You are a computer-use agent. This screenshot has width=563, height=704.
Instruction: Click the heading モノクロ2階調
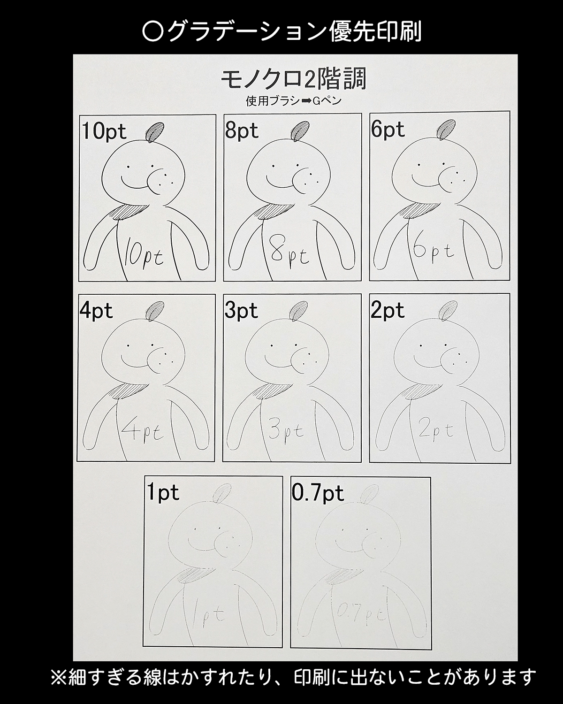(x=293, y=79)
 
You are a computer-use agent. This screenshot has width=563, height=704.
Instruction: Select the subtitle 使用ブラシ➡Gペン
(x=293, y=101)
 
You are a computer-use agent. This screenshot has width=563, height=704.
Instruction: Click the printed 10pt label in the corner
(x=104, y=131)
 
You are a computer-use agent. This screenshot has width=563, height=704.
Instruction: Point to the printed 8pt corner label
(x=242, y=131)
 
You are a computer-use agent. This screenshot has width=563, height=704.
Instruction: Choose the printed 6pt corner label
(x=388, y=130)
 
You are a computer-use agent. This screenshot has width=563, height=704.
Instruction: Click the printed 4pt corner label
(x=96, y=311)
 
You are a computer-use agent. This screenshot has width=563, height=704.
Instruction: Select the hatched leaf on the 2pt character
(x=448, y=311)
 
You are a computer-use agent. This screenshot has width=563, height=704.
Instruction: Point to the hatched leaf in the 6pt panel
(x=446, y=130)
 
